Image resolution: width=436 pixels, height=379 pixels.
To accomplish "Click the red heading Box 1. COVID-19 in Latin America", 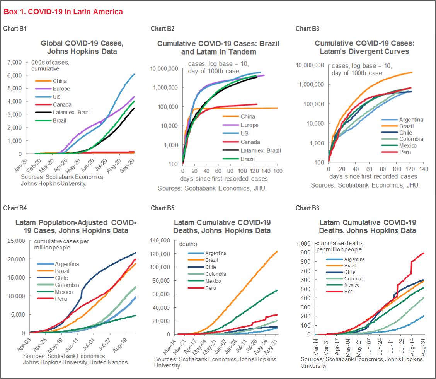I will tap(63, 12).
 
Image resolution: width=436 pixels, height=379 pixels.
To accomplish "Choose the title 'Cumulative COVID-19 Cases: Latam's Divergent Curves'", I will tap(362, 47).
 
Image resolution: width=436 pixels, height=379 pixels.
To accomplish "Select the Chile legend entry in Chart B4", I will tap(61, 278).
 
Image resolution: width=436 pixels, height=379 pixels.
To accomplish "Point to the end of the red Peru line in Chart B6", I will tap(424, 253).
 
